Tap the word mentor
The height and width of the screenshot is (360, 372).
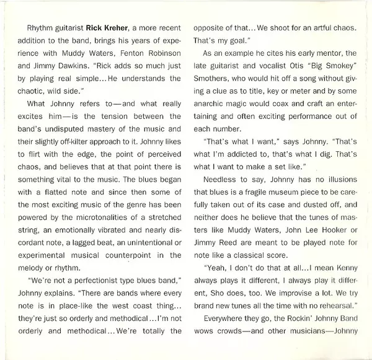pos(334,62)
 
